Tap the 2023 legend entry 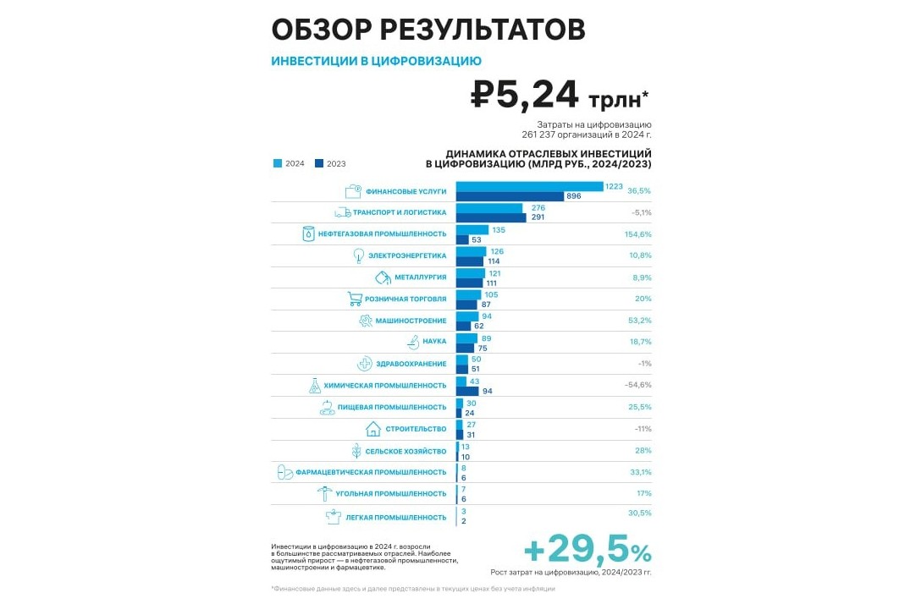[x=330, y=164]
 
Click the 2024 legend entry [x=289, y=164]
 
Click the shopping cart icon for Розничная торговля [x=355, y=299]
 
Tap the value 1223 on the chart [x=615, y=186]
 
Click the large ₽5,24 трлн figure [x=560, y=96]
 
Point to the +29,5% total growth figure [x=588, y=551]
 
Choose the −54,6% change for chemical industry [x=638, y=385]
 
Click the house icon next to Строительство [x=372, y=429]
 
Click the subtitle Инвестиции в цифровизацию [x=376, y=61]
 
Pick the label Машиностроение [x=411, y=321]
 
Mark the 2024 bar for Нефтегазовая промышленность [x=472, y=229]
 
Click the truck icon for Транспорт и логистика [x=343, y=212]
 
